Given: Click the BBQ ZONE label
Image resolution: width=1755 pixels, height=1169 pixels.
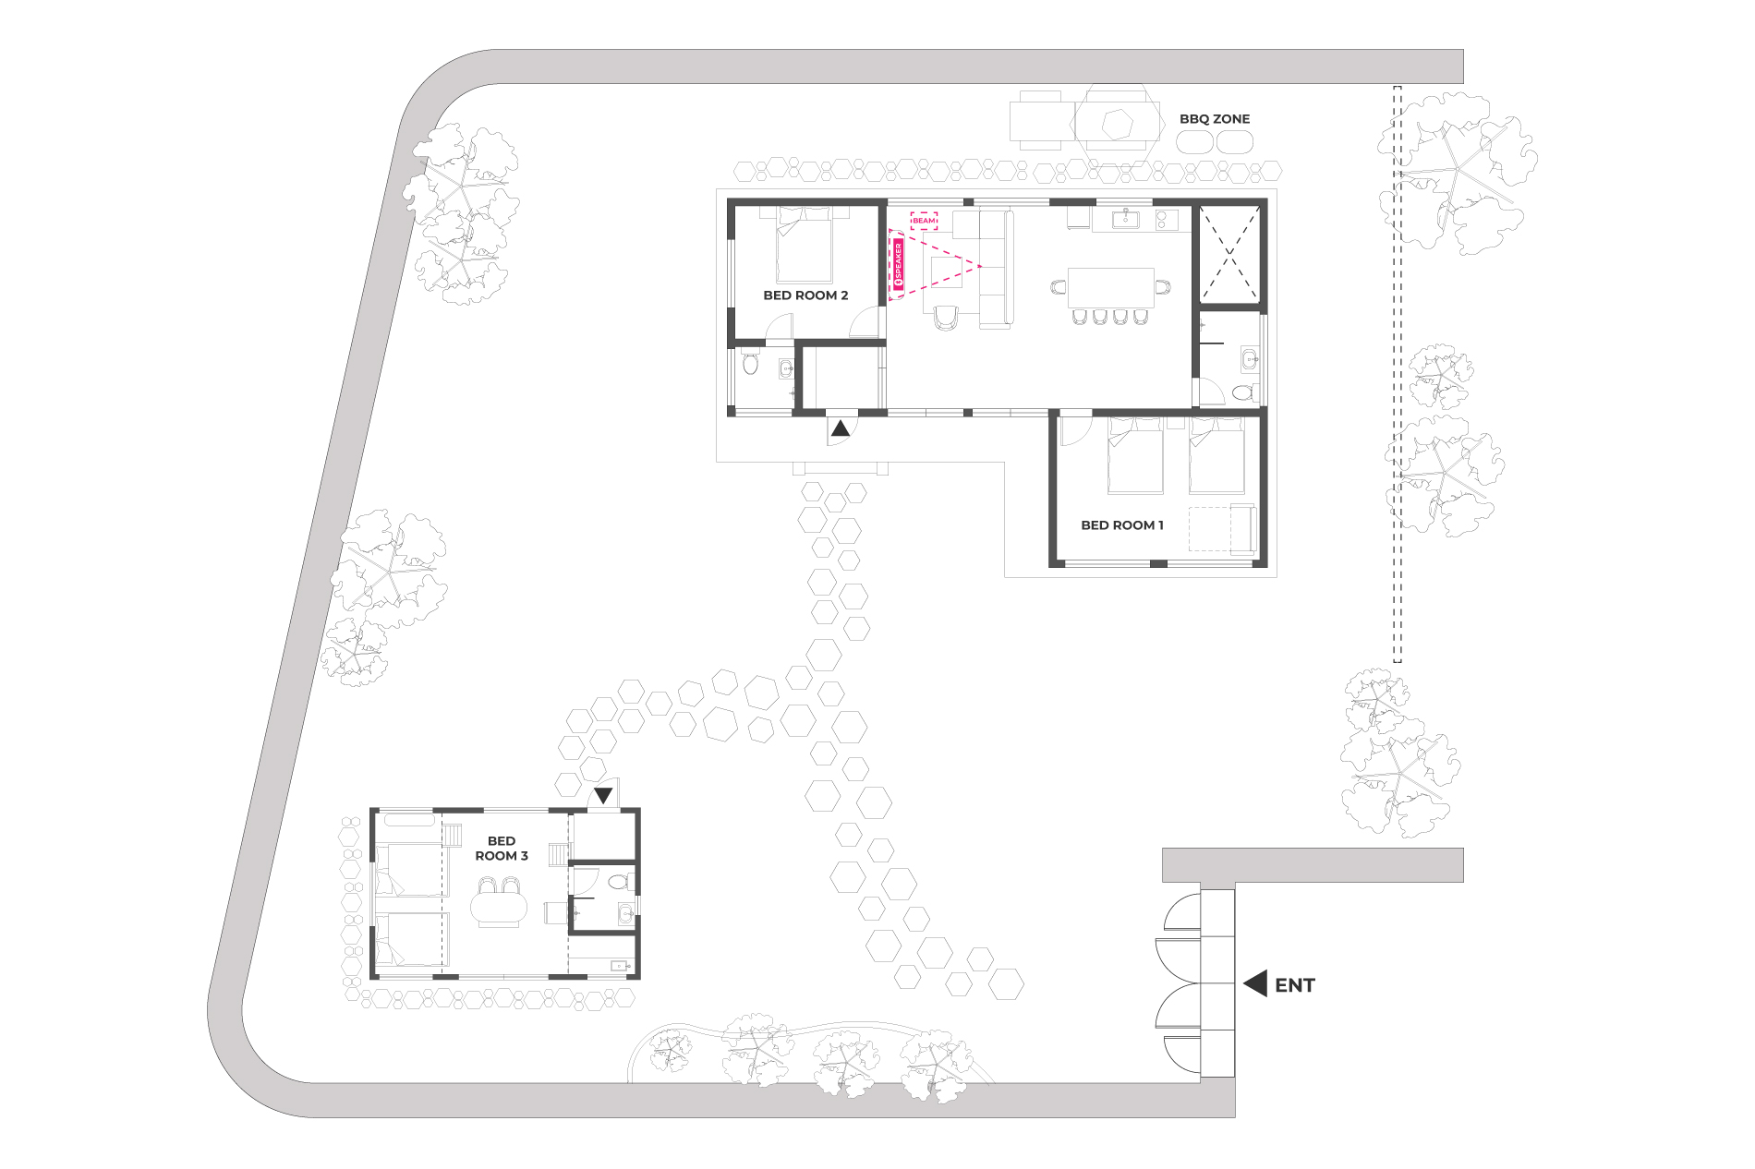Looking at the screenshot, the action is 1214,119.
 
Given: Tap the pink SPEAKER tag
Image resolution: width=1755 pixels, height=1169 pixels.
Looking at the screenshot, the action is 898,266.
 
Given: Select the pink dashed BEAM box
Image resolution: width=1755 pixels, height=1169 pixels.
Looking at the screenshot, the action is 924,221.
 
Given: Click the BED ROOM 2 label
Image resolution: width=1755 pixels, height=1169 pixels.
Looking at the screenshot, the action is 805,295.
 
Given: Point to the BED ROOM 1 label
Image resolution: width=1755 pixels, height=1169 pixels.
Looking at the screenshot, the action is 1122,525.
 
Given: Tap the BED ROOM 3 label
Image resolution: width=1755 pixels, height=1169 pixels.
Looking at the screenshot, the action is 502,849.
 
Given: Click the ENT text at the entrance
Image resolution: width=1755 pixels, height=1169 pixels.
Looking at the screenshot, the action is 1294,985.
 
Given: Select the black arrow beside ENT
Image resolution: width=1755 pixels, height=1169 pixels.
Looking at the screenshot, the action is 1255,984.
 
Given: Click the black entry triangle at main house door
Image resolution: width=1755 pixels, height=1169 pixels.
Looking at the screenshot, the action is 841,428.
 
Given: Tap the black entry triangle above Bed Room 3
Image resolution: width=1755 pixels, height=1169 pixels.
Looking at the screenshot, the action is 603,795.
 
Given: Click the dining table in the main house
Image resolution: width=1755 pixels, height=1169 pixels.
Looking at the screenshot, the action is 1110,287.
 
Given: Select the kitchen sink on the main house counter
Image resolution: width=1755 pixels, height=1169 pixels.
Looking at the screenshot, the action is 1125,220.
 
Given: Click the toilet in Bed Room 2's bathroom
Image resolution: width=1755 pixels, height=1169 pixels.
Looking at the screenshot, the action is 750,363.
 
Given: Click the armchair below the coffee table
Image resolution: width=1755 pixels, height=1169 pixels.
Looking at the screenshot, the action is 946,318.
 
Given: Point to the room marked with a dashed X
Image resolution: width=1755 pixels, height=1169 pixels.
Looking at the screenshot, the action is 1229,254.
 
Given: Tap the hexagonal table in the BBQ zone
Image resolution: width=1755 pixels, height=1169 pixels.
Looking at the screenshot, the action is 1117,122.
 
